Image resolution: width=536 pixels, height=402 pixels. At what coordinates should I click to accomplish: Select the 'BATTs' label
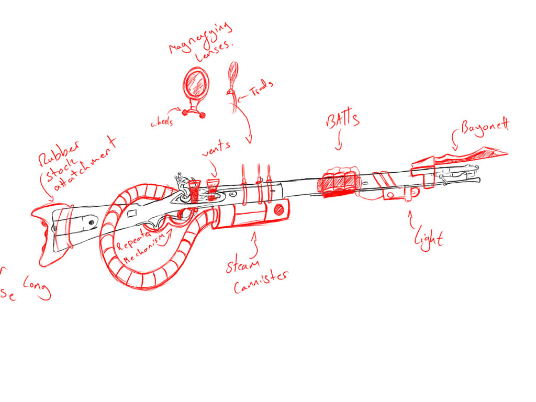(343, 120)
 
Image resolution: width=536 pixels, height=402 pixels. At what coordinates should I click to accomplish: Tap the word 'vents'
(216, 147)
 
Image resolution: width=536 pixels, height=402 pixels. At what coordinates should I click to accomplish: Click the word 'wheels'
(164, 123)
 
